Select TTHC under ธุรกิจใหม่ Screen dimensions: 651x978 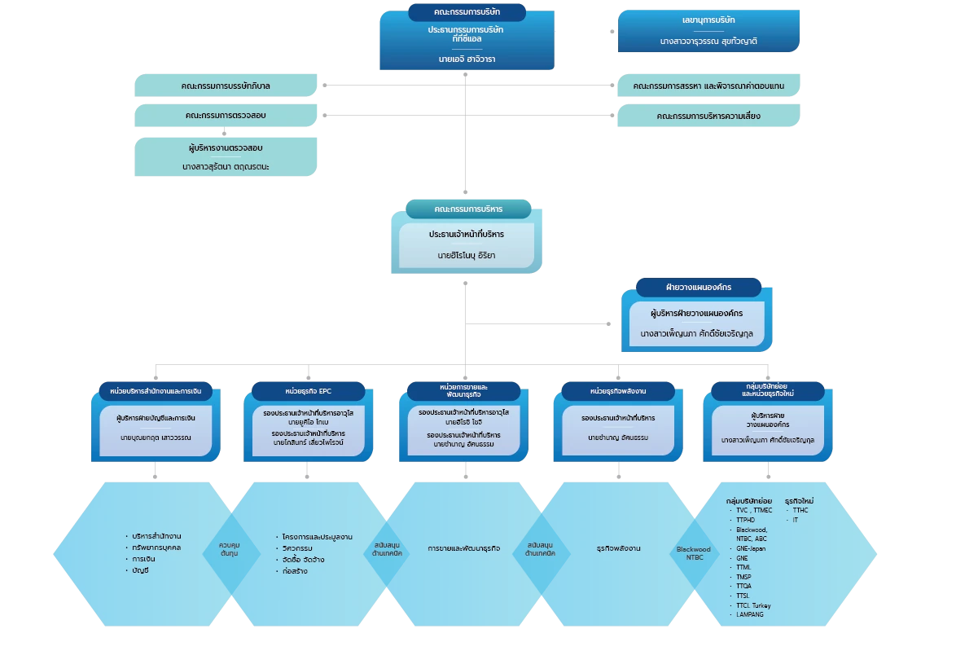coord(800,510)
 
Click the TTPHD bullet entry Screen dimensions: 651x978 coord(747,520)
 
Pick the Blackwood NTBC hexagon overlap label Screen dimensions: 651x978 coord(694,553)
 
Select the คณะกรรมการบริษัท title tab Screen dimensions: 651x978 coord(467,12)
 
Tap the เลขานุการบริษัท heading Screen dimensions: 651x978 coord(708,20)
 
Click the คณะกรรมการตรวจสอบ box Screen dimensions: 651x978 coord(225,116)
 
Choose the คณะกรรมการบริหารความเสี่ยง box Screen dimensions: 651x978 coord(708,116)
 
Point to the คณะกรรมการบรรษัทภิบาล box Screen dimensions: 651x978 coord(225,86)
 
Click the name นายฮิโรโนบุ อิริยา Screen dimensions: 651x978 coord(466,255)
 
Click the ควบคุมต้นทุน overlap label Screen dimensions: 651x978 coord(229,548)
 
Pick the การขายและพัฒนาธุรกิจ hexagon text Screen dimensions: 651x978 coord(463,548)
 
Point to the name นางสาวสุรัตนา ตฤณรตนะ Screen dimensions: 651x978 coord(225,166)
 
